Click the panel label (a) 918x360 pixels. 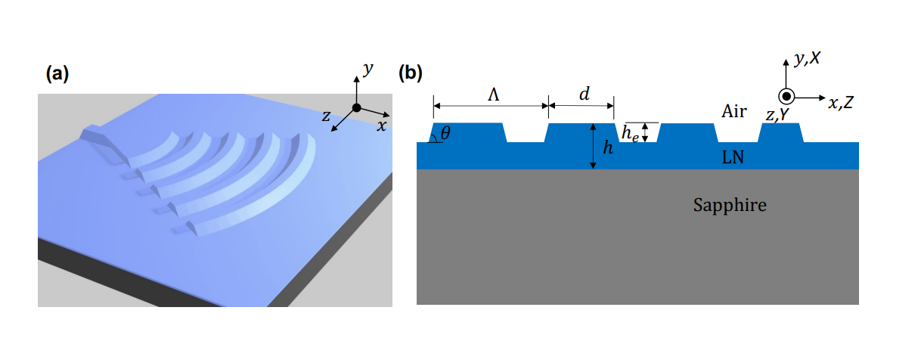click(x=57, y=73)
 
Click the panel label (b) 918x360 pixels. click(x=411, y=73)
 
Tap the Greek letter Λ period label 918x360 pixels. click(x=493, y=94)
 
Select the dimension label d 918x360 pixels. click(x=584, y=94)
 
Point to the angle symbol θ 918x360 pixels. click(x=445, y=133)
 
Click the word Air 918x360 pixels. click(x=733, y=112)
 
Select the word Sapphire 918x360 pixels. click(x=730, y=204)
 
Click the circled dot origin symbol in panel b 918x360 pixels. click(x=786, y=97)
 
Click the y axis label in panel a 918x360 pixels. click(x=368, y=69)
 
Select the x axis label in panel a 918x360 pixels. click(x=381, y=126)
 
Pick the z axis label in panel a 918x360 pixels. click(x=326, y=116)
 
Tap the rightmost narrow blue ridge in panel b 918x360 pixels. click(x=781, y=132)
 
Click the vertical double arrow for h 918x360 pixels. click(x=594, y=147)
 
